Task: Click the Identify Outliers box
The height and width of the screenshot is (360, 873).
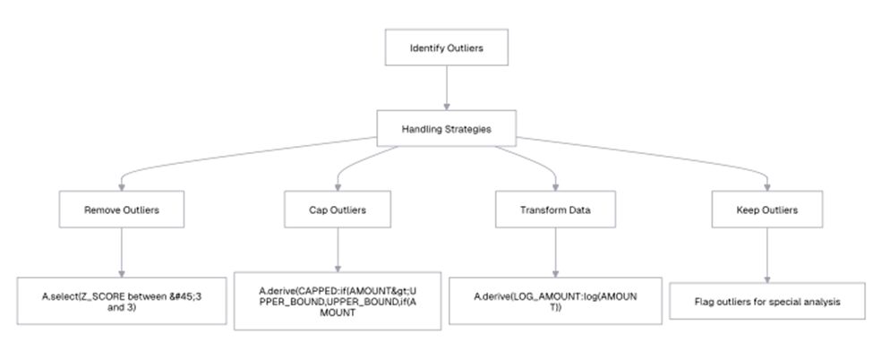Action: click(446, 47)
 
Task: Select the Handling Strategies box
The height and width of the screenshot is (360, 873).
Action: click(446, 129)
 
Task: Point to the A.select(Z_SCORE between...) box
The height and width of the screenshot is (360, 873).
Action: click(120, 300)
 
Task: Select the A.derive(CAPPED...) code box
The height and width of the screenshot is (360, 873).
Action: click(338, 300)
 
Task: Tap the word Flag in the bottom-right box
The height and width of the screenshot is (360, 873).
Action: click(704, 301)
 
